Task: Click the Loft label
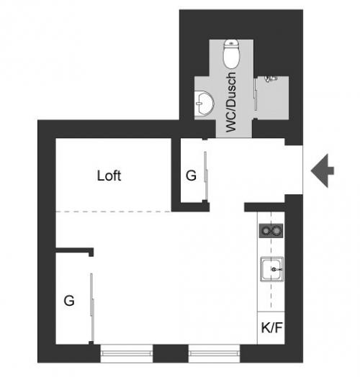coord(109,176)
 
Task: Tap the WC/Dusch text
coord(231,102)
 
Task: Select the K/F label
coord(271,327)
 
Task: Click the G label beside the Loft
coord(191,176)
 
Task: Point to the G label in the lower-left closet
coord(69,301)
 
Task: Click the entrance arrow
coord(323,171)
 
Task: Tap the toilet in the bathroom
coord(232,54)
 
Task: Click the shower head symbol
coord(271,78)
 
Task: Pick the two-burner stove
coord(271,231)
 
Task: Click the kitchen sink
coord(272,269)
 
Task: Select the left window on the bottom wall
coord(127,353)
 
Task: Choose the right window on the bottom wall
coord(214,353)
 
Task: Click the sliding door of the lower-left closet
coord(92,307)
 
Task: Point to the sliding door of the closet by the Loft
coord(206,176)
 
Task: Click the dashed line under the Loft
coord(113,212)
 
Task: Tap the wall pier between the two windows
coord(171,353)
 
